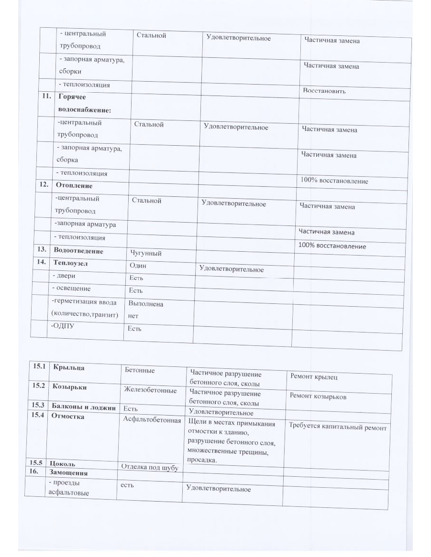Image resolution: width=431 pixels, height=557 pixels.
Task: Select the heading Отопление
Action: pos(74,185)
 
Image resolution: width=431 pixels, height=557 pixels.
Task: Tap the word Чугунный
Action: pos(145,253)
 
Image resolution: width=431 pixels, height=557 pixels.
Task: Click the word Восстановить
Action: pos(324,91)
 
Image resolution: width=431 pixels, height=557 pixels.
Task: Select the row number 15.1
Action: pos(38,366)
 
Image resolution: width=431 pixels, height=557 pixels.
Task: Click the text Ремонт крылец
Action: pos(314,377)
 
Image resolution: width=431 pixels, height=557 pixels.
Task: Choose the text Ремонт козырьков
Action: pos(318,396)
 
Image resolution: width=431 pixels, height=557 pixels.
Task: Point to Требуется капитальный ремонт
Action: pos(338,427)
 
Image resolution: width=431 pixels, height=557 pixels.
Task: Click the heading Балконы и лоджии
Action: pos(84,407)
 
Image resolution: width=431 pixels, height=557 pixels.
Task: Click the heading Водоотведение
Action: pos(78,250)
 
